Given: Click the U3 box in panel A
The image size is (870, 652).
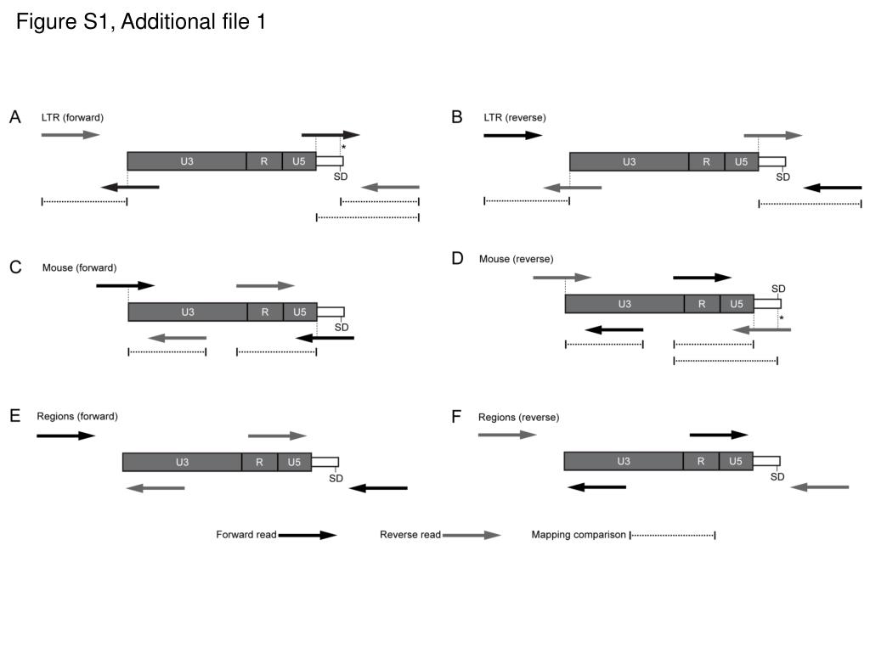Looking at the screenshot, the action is click(x=187, y=161).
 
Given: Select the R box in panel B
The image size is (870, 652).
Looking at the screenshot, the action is click(x=706, y=162).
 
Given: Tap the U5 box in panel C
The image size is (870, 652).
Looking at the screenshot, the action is click(x=300, y=312).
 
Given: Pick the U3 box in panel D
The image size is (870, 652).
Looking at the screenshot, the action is click(x=624, y=304).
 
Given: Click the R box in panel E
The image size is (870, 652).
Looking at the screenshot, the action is click(x=259, y=463).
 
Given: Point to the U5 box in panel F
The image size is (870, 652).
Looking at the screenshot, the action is click(x=736, y=461).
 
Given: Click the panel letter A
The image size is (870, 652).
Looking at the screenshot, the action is click(x=15, y=117).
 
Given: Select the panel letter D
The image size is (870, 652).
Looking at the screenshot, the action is click(x=457, y=258).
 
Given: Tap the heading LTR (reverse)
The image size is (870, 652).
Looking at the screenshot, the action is click(x=514, y=117).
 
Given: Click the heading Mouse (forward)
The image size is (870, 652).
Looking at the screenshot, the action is click(x=79, y=267).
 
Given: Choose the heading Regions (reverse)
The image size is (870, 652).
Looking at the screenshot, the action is click(x=518, y=418).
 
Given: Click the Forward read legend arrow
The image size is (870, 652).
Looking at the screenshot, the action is click(x=308, y=535).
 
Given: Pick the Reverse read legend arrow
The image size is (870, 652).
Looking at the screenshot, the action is click(x=472, y=535).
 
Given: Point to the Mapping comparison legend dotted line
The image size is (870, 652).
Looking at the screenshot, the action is click(x=673, y=535).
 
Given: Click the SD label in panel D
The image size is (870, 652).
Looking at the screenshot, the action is click(x=778, y=289).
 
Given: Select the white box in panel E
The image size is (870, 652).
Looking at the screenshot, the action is click(x=325, y=463).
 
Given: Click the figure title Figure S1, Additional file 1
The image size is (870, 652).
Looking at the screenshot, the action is click(x=141, y=21).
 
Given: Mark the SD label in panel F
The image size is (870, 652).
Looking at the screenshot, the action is click(x=777, y=477).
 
